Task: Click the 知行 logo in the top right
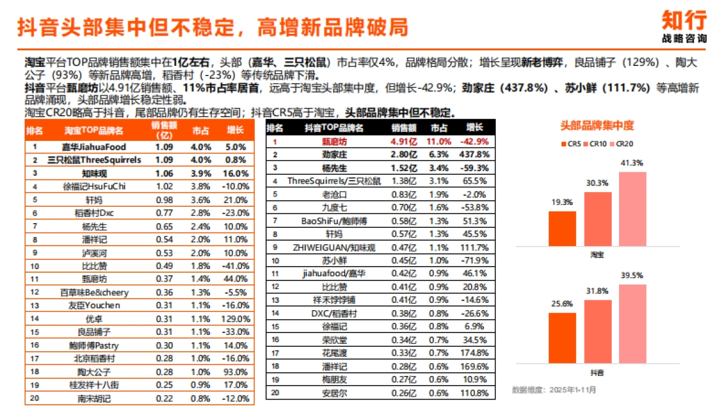[683, 25]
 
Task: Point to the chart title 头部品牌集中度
[597, 126]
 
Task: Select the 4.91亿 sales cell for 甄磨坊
[404, 141]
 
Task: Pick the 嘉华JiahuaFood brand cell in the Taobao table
[94, 146]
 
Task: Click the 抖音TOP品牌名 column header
[334, 128]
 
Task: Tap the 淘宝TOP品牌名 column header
[94, 130]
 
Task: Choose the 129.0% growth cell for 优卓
[235, 319]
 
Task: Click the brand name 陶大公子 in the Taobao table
[94, 371]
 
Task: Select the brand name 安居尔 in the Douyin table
[334, 393]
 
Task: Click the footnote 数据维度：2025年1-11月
[554, 390]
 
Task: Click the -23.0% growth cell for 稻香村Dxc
[235, 213]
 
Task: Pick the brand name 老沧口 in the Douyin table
[334, 194]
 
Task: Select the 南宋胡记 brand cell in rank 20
[94, 398]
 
